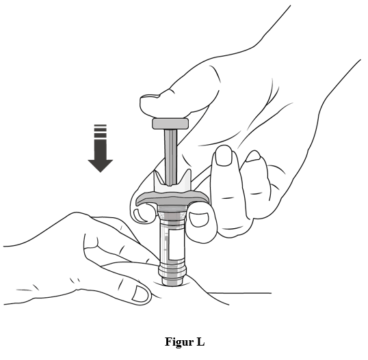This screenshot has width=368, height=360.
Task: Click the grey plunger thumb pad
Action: pyautogui.click(x=170, y=123)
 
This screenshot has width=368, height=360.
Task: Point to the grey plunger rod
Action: pyautogui.click(x=170, y=156)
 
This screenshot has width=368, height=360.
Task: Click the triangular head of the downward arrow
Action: pyautogui.click(x=101, y=166)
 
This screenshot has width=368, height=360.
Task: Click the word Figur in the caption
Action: pyautogui.click(x=179, y=342)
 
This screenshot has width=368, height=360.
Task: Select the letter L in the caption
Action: pyautogui.click(x=200, y=342)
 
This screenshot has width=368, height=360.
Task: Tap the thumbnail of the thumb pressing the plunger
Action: pyautogui.click(x=150, y=96)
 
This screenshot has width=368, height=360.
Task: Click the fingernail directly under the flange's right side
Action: pyautogui.click(x=199, y=219)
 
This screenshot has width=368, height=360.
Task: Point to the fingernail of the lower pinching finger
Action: pyautogui.click(x=140, y=294)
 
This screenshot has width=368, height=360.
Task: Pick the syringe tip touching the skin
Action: pyautogui.click(x=172, y=281)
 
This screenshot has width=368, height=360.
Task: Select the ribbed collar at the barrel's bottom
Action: pyautogui.click(x=172, y=269)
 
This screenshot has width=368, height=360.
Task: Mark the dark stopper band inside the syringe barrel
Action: pyautogui.click(x=172, y=216)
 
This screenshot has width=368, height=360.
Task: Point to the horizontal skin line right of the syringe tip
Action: pyautogui.click(x=240, y=293)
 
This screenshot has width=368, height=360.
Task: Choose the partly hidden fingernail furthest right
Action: pyautogui.click(x=253, y=156)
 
